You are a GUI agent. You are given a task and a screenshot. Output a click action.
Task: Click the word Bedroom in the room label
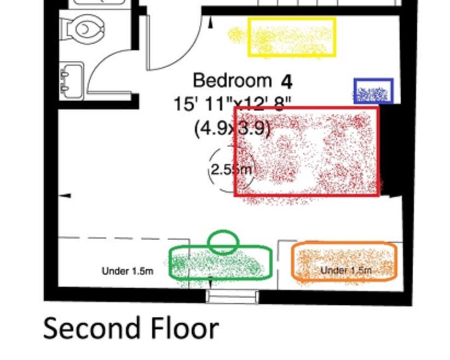coord(232,81)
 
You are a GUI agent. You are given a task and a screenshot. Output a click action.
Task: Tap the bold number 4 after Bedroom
coord(287,82)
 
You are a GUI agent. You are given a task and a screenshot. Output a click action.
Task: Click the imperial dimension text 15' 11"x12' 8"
coord(232,104)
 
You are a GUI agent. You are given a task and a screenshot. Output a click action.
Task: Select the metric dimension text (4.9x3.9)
coord(232,129)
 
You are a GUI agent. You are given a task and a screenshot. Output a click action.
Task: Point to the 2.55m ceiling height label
coord(230,170)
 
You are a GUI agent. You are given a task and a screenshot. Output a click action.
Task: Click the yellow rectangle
coord(292,37)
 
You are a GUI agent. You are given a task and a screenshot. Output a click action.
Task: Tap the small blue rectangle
coord(373,91)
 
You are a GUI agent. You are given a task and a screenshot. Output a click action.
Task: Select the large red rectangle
coord(307,152)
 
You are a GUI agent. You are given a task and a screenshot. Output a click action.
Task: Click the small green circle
coord(223,241)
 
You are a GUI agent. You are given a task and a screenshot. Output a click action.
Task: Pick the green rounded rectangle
coord(220,264)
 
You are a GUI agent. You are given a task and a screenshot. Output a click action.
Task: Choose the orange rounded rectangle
coord(344,262)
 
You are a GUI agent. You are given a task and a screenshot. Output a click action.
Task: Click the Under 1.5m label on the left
coord(128,271)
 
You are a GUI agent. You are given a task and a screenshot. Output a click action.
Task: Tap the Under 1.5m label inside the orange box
coord(346,270)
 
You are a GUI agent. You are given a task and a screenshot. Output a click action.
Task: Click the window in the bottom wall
coord(232,296)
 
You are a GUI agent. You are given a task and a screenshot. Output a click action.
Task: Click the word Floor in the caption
coord(176,329)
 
